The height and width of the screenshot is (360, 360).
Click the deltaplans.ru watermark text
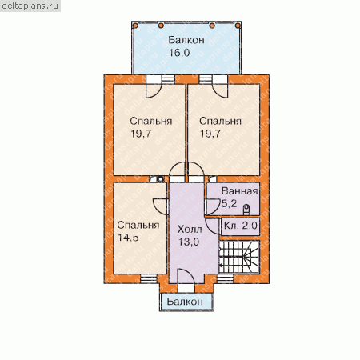(x=30, y=6)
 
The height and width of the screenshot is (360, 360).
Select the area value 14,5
(x=128, y=237)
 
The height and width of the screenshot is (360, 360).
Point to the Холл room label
(x=190, y=229)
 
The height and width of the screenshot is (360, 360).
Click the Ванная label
(x=240, y=191)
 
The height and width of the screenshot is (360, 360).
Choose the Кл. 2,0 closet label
(x=241, y=226)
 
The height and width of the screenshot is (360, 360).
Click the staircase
(x=239, y=257)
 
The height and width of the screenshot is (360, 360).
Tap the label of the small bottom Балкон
(x=185, y=302)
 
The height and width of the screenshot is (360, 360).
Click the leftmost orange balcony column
(x=135, y=26)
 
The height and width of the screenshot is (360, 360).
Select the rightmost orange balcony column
(x=238, y=26)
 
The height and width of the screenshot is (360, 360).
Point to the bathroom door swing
(x=212, y=207)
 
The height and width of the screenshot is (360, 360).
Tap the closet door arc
(x=212, y=226)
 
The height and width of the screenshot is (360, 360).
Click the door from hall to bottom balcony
(x=186, y=277)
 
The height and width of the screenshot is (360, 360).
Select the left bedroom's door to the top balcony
(x=154, y=91)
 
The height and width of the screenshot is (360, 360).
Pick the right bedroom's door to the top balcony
(x=220, y=91)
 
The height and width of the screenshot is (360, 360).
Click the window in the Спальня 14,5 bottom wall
(x=149, y=278)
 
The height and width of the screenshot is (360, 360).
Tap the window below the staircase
(x=225, y=278)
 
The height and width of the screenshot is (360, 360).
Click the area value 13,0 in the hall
(x=189, y=242)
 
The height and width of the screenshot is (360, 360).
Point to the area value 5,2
(x=229, y=204)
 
